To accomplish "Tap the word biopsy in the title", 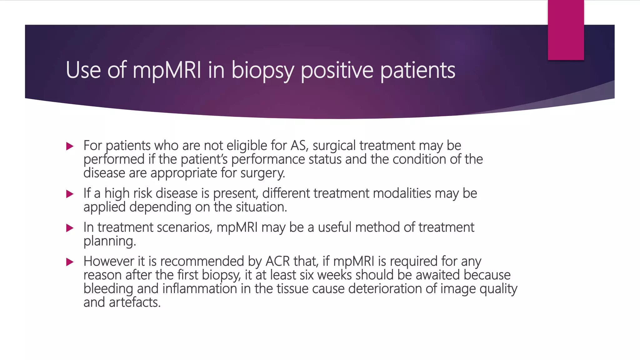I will pos(262,70).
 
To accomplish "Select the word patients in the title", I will pos(417,70).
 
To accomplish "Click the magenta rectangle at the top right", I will pos(566,30).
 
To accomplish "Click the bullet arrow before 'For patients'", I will pos(70,146).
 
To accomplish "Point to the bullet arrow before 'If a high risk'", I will pos(70,194).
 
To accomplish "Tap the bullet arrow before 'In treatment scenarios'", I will pos(70,228).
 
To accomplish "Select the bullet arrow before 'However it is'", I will pos(70,262).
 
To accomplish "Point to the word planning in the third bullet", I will pos(109,241).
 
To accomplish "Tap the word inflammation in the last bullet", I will pos(199,289).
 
